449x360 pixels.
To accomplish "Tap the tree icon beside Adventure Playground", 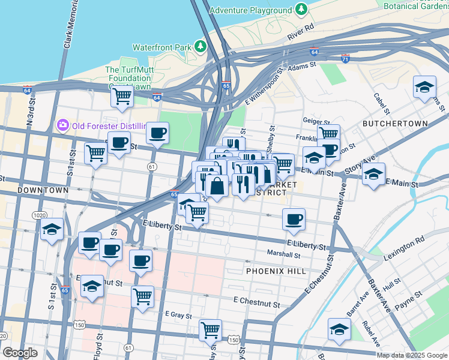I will click(x=300, y=10).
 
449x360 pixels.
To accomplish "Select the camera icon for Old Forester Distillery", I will click(x=62, y=125).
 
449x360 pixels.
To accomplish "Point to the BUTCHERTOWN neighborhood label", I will click(x=395, y=124).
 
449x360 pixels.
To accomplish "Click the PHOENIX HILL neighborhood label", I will click(x=276, y=271).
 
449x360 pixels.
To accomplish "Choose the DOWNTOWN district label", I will click(x=43, y=190).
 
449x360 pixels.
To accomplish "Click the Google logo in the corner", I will click(x=20, y=353).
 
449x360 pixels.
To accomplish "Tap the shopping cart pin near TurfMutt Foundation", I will click(x=122, y=95).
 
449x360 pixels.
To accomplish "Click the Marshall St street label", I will click(x=283, y=254).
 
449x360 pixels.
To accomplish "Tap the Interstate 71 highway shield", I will click(x=345, y=58).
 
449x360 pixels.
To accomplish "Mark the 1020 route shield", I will click(x=40, y=215).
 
